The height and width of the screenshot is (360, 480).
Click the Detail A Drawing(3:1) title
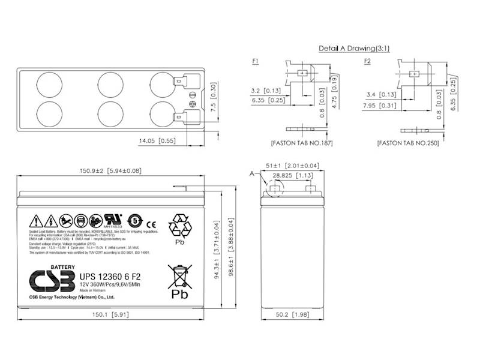click(353, 47)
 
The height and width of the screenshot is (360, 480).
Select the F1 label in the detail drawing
click(256, 61)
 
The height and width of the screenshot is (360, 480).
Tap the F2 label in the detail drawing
click(367, 61)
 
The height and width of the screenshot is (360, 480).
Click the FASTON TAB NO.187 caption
click(301, 143)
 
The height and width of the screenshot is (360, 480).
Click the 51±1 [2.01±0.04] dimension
click(293, 166)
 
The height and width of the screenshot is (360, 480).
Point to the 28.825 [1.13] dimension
click(293, 176)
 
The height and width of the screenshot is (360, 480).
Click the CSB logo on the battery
click(51, 278)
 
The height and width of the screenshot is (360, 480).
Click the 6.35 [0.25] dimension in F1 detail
click(269, 100)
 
